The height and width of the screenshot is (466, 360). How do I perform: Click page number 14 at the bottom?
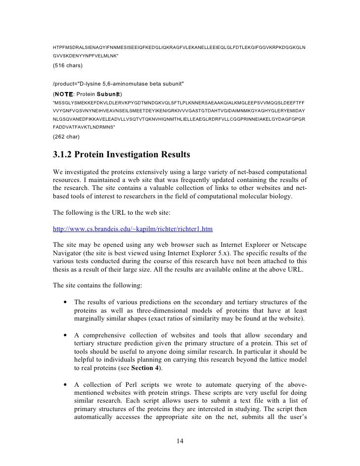180,441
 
